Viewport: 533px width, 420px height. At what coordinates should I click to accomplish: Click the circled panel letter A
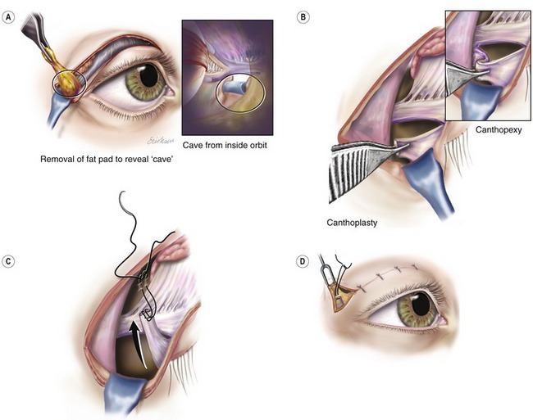(x=8, y=17)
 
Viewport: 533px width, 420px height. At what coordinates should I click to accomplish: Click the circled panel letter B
(x=303, y=17)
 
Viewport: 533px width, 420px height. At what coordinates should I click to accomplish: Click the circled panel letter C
(x=8, y=261)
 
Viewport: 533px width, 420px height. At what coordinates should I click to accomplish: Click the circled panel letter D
(x=303, y=262)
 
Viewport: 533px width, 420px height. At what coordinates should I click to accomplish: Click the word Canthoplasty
(x=352, y=223)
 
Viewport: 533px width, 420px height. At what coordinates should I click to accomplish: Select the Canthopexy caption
(x=499, y=130)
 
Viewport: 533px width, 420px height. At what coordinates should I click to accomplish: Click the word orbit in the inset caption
(x=257, y=145)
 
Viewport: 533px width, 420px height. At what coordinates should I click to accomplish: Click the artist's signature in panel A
(x=161, y=141)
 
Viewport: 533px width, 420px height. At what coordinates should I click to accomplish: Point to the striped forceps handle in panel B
(x=350, y=173)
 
